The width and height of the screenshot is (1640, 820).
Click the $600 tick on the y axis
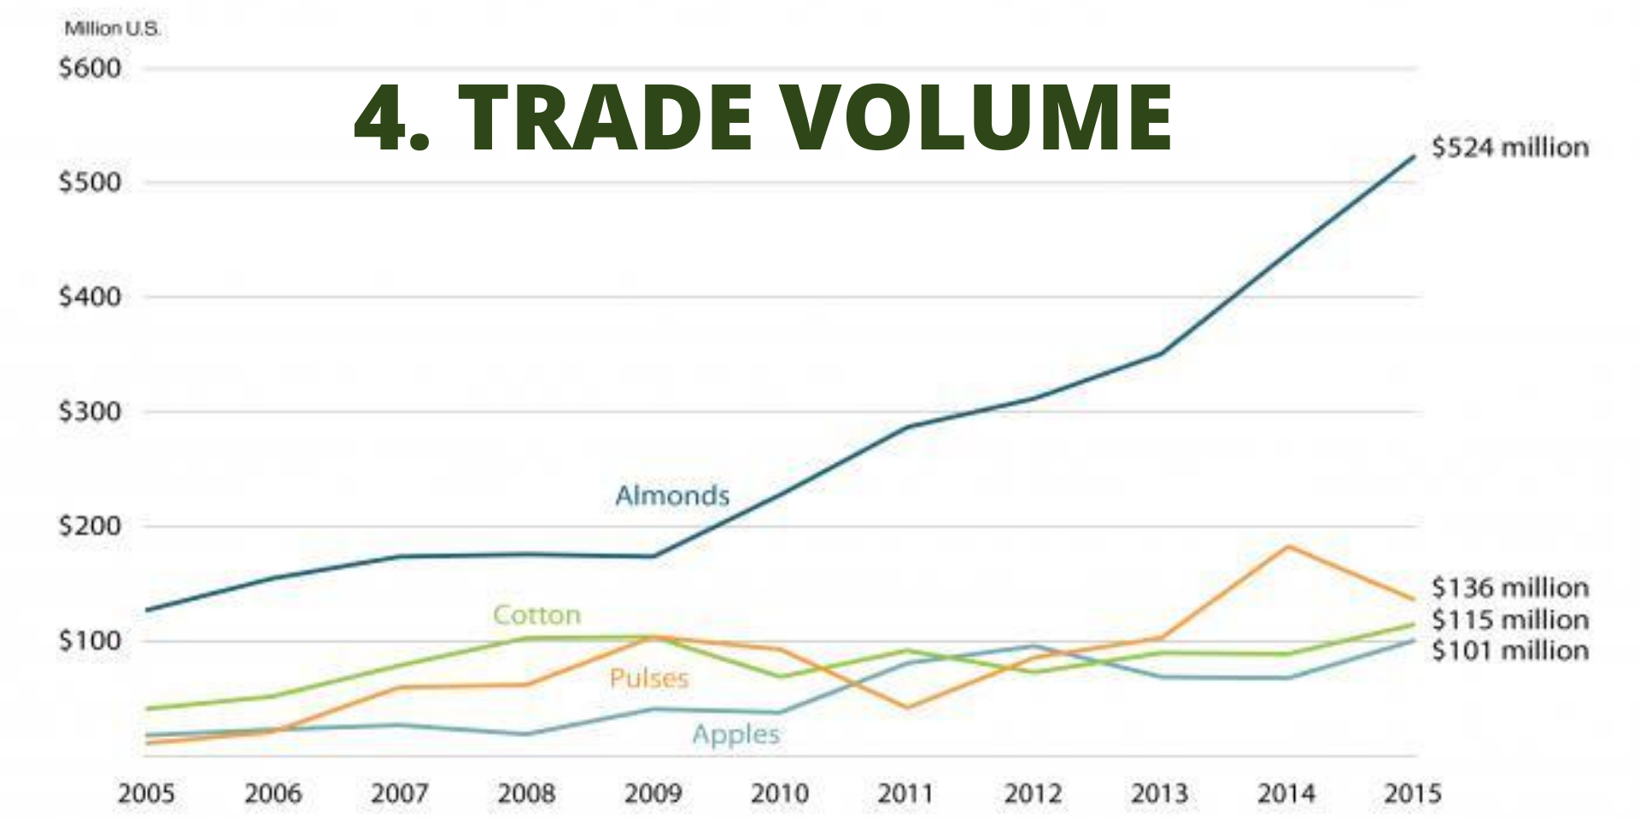click(90, 68)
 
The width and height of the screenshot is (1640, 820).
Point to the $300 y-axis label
click(90, 412)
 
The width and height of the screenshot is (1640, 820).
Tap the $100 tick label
click(90, 641)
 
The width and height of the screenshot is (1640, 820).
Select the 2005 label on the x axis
click(146, 794)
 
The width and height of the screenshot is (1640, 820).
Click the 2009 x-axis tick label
click(653, 794)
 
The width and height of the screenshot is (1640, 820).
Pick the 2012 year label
click(1033, 794)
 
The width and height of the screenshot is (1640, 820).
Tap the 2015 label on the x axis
click(1412, 794)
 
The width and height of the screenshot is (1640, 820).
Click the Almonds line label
click(672, 495)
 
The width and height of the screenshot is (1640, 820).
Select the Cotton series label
click(536, 615)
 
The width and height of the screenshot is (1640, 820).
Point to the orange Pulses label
click(649, 679)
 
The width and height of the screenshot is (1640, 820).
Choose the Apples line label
click(735, 735)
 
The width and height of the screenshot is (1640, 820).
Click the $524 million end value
click(1510, 148)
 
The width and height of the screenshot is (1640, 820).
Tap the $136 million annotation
click(1510, 588)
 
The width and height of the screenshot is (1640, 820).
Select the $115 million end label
click(1510, 619)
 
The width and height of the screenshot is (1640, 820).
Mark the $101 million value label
click(1510, 651)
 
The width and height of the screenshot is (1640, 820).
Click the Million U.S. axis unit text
click(112, 28)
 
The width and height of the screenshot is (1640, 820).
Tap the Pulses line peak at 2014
click(1287, 547)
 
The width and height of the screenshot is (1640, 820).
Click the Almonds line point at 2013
click(1160, 353)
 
